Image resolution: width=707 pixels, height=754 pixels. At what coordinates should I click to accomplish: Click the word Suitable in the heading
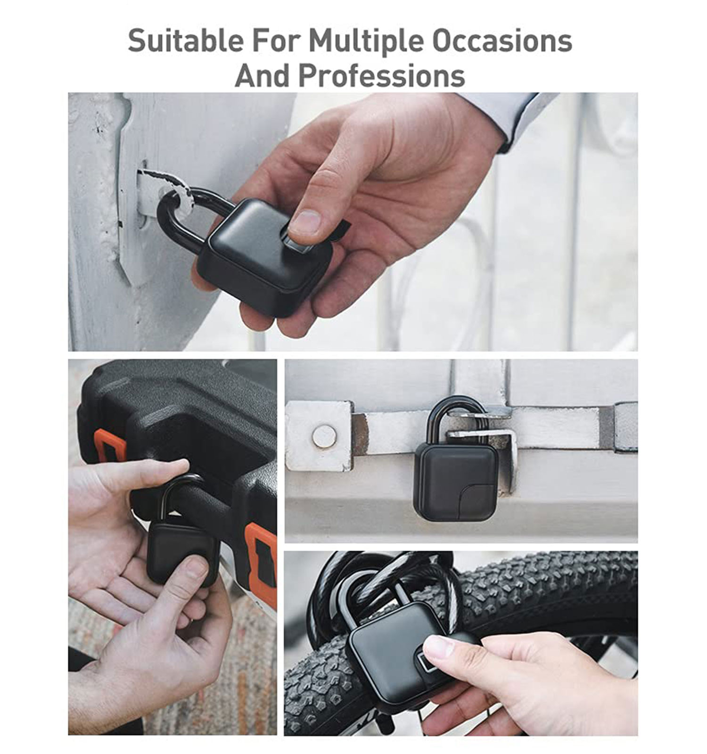coord(186,41)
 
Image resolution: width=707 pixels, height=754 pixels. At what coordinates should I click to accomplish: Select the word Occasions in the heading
coord(502,41)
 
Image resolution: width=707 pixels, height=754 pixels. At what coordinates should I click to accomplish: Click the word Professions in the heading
coord(382,75)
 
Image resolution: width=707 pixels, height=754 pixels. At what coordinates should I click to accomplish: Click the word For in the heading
coord(276,41)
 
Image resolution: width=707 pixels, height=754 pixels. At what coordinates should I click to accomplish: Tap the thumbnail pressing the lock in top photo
coord(304,221)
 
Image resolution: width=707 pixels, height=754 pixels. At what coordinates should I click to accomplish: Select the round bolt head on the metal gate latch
coord(324,436)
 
